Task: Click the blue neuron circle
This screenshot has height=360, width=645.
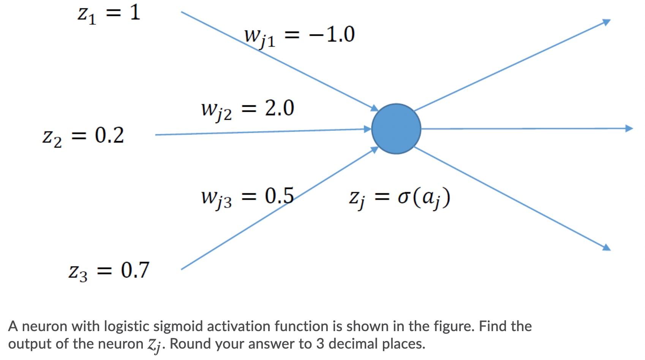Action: pos(396,128)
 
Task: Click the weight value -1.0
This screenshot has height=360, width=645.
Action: pos(332,35)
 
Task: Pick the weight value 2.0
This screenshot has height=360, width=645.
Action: pos(279,108)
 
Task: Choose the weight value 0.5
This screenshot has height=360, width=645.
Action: pos(279,196)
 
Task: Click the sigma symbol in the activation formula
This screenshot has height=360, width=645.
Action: pos(403,198)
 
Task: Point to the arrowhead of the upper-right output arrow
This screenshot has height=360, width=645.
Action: pos(606,22)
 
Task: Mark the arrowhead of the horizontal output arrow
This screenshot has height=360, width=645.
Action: pos(629,128)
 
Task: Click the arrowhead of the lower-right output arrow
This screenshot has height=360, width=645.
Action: pos(606,247)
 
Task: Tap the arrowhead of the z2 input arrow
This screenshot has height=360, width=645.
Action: pos(367,129)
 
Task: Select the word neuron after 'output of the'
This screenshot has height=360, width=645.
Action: pos(120,344)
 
